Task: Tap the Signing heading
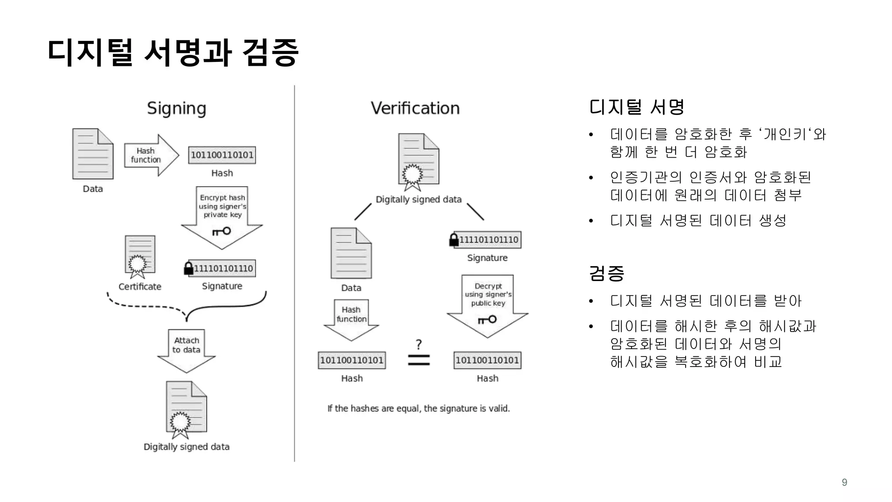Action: (x=176, y=108)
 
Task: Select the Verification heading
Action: (x=415, y=108)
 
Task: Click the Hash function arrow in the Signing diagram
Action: (x=151, y=155)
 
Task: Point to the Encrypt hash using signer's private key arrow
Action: (x=222, y=216)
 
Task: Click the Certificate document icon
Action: (x=139, y=256)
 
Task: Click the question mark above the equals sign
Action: (x=419, y=344)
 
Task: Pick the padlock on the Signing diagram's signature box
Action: (x=189, y=268)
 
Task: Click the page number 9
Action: (x=845, y=482)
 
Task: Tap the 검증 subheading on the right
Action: (x=606, y=274)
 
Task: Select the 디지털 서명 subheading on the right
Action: (x=636, y=107)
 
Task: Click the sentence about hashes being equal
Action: (x=419, y=408)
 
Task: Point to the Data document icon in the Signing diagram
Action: (x=93, y=154)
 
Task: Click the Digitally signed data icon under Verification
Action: (x=418, y=161)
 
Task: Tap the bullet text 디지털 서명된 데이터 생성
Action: (x=698, y=220)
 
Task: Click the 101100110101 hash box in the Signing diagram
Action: (x=222, y=155)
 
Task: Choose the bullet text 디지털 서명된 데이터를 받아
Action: (x=706, y=301)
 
